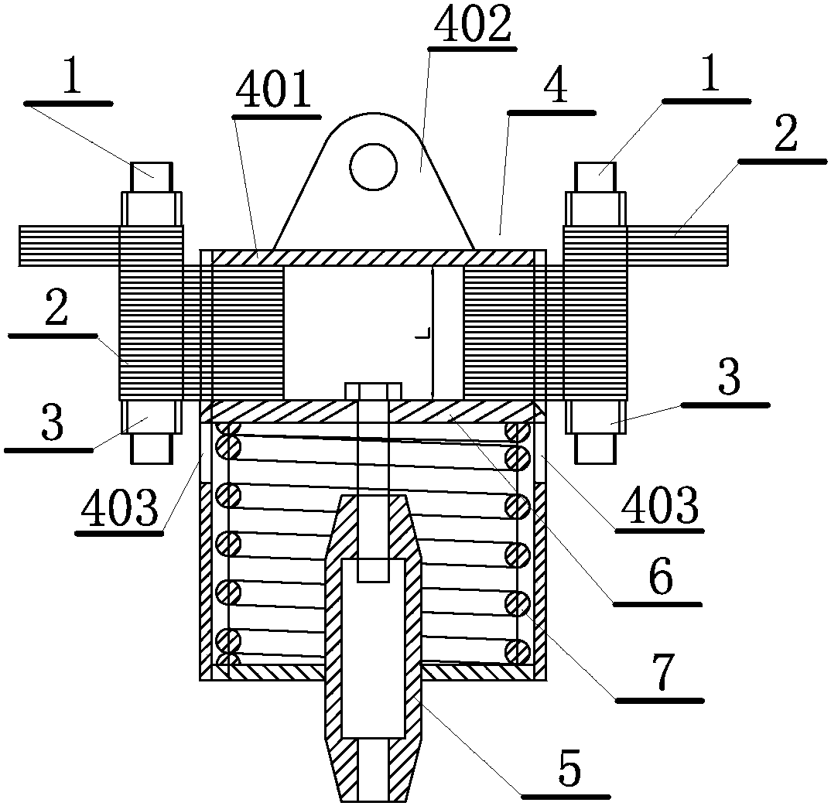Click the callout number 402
tap(472, 24)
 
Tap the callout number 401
tap(273, 90)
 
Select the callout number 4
tap(556, 88)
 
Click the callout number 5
tap(569, 767)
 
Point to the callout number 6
tap(661, 577)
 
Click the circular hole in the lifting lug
tap(373, 166)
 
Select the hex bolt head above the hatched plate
tap(373, 391)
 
